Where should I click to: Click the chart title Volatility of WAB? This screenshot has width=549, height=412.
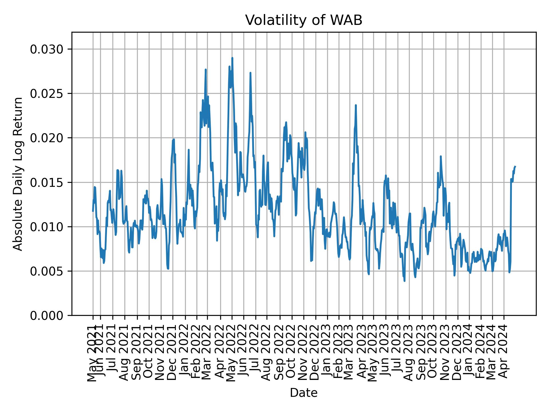coord(304,20)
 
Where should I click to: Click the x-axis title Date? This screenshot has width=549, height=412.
coord(304,393)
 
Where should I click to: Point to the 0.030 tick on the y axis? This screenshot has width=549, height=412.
coord(47,49)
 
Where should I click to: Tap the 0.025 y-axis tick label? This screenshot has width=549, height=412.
coord(47,94)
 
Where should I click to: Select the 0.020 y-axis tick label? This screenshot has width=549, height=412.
coord(47,138)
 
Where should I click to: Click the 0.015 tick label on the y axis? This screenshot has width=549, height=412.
coord(47,183)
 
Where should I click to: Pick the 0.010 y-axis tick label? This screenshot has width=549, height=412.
coord(47,227)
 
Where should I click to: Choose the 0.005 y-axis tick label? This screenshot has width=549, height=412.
coord(47,271)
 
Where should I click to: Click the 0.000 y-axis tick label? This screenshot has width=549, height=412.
coord(47,316)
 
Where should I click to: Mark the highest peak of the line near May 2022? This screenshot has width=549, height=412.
coord(232,58)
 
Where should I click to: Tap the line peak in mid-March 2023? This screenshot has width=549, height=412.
coord(356,105)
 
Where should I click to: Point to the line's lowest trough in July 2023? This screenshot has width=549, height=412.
coord(404,281)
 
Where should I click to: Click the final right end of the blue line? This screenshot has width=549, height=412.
coord(515,166)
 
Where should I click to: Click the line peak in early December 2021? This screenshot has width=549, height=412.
coord(174,139)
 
